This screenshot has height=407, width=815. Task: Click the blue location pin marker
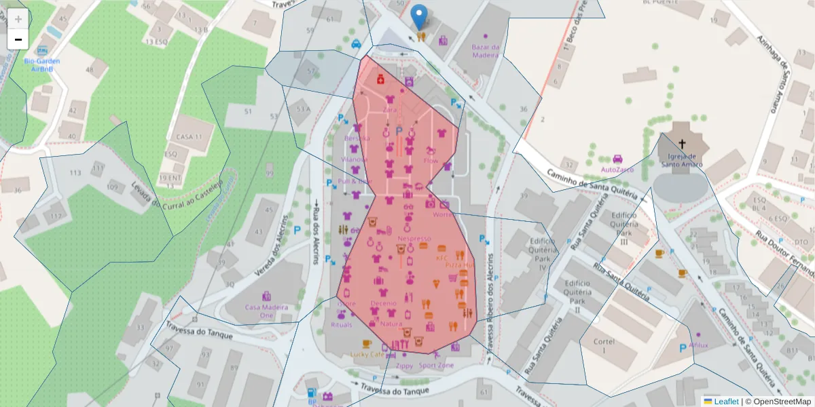click(420, 16)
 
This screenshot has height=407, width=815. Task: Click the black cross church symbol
click(682, 143)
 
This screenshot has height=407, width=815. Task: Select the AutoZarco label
click(617, 168)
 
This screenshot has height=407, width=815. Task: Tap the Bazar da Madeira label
click(486, 51)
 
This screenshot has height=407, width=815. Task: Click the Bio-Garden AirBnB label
click(42, 64)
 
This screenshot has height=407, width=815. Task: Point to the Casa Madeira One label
click(267, 311)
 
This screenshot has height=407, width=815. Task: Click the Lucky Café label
click(367, 354)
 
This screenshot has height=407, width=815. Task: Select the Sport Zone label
click(437, 365)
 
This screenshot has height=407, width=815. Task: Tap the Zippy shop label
click(404, 366)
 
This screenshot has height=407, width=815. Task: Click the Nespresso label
click(414, 238)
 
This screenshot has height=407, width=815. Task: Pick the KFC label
click(442, 258)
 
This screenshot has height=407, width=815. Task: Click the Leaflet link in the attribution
click(725, 402)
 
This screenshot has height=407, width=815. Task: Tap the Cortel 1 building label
click(603, 346)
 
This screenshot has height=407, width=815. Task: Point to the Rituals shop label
click(341, 325)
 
